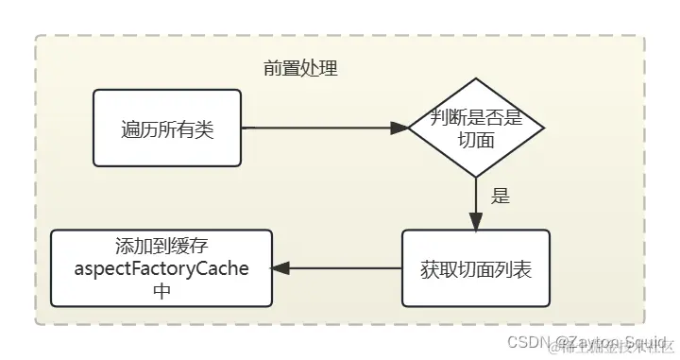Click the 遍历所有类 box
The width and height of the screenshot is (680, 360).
coord(168,128)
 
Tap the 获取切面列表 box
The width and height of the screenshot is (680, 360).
coord(476,268)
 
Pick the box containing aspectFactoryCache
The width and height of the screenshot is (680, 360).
coord(161,268)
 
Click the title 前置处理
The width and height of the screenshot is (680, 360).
coord(300,69)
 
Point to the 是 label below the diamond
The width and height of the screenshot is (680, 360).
coord(501,197)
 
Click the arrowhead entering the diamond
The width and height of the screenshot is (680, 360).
coord(400,128)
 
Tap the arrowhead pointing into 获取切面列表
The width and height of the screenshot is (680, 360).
coord(476,222)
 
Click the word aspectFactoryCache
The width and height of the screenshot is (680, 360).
coord(161,268)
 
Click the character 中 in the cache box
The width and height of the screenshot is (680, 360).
coord(161,290)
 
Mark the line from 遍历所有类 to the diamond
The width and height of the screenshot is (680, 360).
coord(321,128)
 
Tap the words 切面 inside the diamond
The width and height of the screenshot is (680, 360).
coord(476,140)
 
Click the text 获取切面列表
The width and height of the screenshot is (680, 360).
coord(476,268)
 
